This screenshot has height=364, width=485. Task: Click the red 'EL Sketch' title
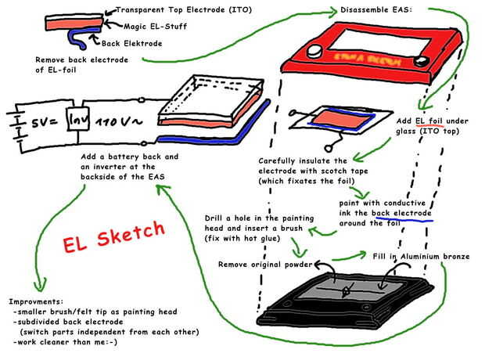point(114,236)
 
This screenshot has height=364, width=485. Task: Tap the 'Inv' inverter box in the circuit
point(78,118)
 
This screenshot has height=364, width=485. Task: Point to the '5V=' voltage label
point(45,123)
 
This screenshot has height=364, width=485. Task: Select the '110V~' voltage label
point(118,121)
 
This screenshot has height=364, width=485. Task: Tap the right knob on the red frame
point(422,61)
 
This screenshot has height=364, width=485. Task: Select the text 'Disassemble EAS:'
point(375,9)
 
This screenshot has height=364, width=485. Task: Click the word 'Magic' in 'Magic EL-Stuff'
point(135,27)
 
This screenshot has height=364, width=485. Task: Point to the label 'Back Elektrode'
point(131,43)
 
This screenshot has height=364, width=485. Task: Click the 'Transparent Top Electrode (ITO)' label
point(184,10)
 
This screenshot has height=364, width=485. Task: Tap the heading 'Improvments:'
point(36,301)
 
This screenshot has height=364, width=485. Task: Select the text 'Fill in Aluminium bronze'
point(421,257)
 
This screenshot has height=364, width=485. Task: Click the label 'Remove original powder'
point(265,265)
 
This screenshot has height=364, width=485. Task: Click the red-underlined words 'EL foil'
point(429,121)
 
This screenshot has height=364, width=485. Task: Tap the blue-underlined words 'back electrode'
point(401,213)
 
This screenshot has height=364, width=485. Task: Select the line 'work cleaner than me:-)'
point(66,342)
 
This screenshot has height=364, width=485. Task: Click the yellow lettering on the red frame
point(368,59)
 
